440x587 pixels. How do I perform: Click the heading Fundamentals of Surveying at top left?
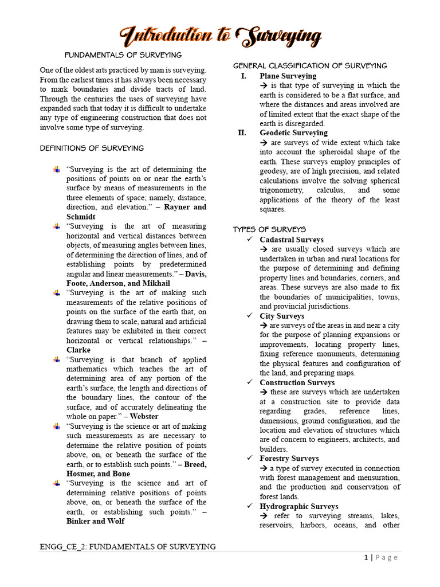(x=123, y=55)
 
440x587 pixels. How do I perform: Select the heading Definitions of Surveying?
(x=92, y=148)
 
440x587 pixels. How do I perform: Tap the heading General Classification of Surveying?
(x=310, y=65)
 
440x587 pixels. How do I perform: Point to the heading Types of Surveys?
(x=269, y=229)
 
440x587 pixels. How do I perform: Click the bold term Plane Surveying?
(x=288, y=76)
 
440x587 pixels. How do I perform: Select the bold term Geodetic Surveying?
(x=293, y=133)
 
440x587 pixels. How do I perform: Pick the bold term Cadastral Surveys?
(x=291, y=240)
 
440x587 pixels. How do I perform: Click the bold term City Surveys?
(x=282, y=316)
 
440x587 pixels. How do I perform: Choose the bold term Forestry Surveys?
(x=289, y=459)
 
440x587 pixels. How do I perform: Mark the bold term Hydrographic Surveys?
(x=298, y=506)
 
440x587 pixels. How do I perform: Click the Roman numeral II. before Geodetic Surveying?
(x=242, y=133)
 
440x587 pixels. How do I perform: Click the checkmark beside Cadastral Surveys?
(x=249, y=240)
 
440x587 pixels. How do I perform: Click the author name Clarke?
(x=78, y=350)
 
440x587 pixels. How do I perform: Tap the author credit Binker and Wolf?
(x=95, y=521)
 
